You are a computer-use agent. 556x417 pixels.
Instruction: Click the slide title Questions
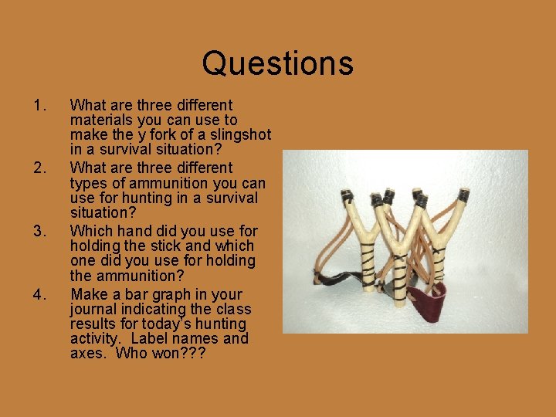(277, 63)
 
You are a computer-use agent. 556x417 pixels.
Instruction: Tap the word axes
(86, 354)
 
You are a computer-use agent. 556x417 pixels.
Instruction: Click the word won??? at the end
(178, 354)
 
